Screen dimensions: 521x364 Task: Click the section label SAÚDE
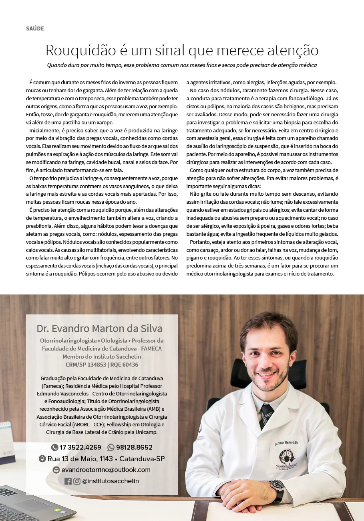pyautogui.click(x=35, y=28)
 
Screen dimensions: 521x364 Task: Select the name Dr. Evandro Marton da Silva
pyautogui.click(x=99, y=329)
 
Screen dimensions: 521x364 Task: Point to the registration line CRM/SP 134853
pyautogui.click(x=85, y=365)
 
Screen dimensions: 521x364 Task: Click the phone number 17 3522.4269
pyautogui.click(x=80, y=447)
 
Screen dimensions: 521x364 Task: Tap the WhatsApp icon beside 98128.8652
pyautogui.click(x=111, y=447)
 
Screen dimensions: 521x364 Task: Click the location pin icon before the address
pyautogui.click(x=42, y=458)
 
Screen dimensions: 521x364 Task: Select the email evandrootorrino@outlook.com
pyautogui.click(x=106, y=470)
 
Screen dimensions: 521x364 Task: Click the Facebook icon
pyautogui.click(x=68, y=481)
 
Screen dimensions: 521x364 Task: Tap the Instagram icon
pyautogui.click(x=77, y=481)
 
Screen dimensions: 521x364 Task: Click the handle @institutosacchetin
pyautogui.click(x=110, y=481)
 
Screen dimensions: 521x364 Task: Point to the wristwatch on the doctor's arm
pyautogui.click(x=277, y=487)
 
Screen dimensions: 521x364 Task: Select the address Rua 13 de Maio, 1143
pyautogui.click(x=80, y=458)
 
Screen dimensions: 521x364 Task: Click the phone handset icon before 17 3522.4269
pyautogui.click(x=54, y=447)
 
